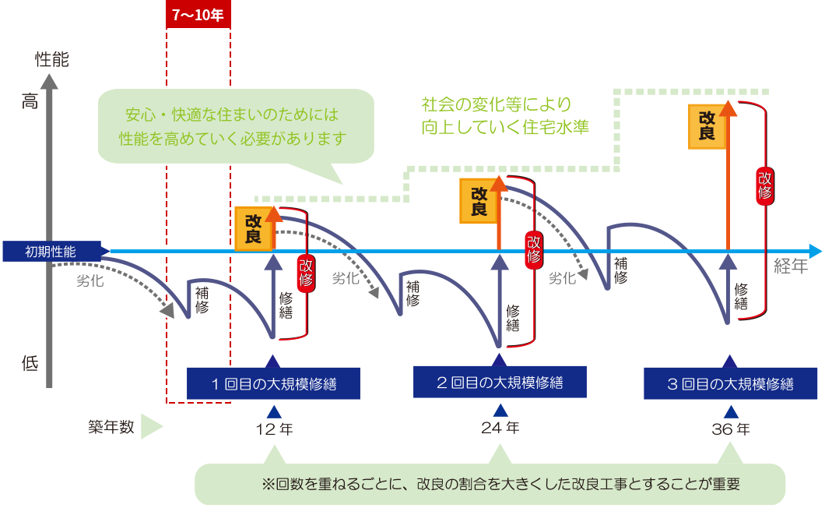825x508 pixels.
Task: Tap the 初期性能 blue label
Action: click(x=51, y=251)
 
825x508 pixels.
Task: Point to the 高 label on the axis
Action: click(x=30, y=101)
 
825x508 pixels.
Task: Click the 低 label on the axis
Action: click(x=30, y=363)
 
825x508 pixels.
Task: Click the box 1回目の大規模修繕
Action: click(x=273, y=383)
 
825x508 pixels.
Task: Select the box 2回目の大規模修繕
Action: click(x=500, y=383)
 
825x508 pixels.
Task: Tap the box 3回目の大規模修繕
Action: click(x=730, y=383)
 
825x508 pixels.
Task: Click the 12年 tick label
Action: click(x=274, y=429)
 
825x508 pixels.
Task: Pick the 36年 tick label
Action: click(x=731, y=429)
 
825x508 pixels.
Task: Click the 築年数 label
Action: click(x=111, y=427)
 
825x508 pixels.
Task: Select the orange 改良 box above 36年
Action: click(x=707, y=125)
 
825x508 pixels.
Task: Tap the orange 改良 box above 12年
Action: click(x=253, y=228)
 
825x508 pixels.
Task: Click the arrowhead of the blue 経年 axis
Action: click(x=815, y=251)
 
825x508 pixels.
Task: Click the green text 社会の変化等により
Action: click(x=496, y=104)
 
